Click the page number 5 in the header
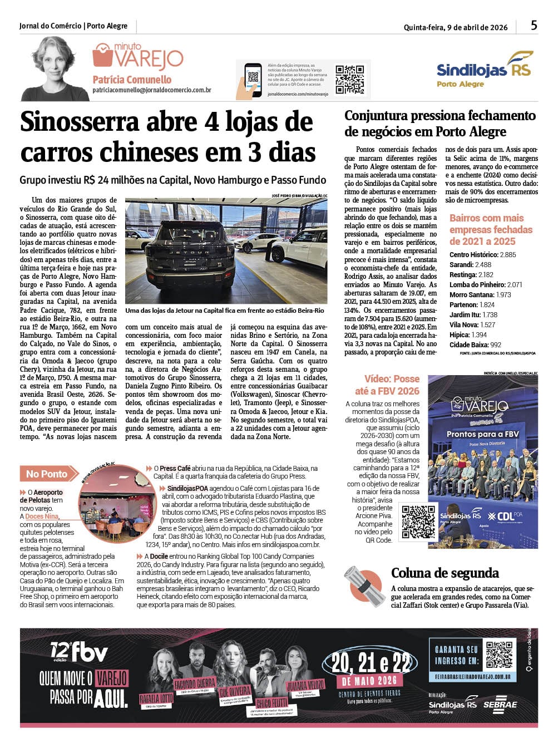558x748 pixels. (534, 26)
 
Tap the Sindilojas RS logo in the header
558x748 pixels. (484, 68)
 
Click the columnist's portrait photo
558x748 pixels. (54, 69)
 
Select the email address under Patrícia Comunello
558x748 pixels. (151, 90)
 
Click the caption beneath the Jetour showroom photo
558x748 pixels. (225, 311)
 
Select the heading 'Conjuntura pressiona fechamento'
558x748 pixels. (440, 116)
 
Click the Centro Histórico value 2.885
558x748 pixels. (507, 255)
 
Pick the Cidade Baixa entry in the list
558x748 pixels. (475, 345)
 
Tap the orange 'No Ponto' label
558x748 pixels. (46, 474)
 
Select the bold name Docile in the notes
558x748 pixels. (159, 556)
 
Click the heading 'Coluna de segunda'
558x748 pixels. (445, 573)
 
